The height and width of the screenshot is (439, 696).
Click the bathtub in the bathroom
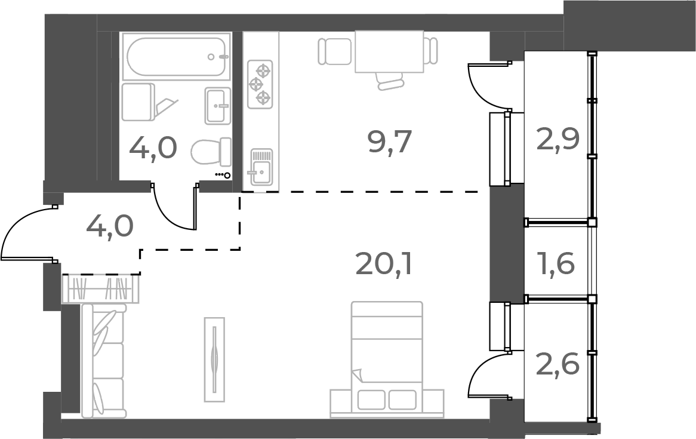[176, 57]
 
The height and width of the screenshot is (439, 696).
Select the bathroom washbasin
[218, 106]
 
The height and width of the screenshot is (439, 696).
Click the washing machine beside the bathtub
[138, 102]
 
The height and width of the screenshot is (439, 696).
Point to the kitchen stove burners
[260, 84]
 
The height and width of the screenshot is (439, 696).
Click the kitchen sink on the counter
[261, 167]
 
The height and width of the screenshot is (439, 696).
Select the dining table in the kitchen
[389, 51]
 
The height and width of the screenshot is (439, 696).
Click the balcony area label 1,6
[558, 262]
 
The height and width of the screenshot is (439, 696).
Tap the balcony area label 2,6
[558, 363]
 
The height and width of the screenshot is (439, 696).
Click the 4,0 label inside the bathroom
[153, 148]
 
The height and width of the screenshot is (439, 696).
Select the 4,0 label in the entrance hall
[110, 226]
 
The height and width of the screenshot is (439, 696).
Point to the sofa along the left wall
[104, 361]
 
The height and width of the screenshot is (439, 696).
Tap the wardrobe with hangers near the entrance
[100, 289]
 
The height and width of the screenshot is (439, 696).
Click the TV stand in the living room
[215, 359]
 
